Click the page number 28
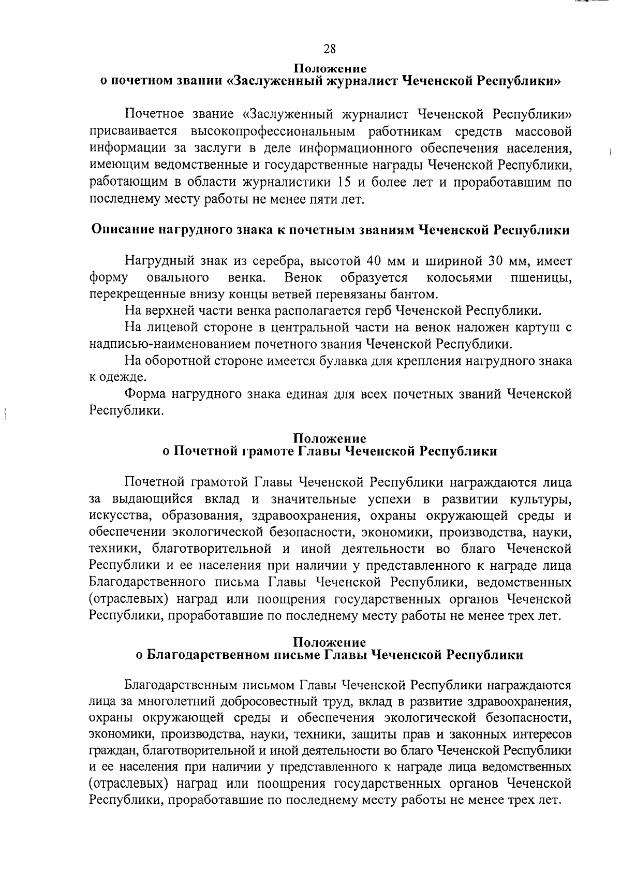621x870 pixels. tap(330, 49)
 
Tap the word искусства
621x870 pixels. tap(119, 516)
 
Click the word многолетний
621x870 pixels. tap(175, 702)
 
